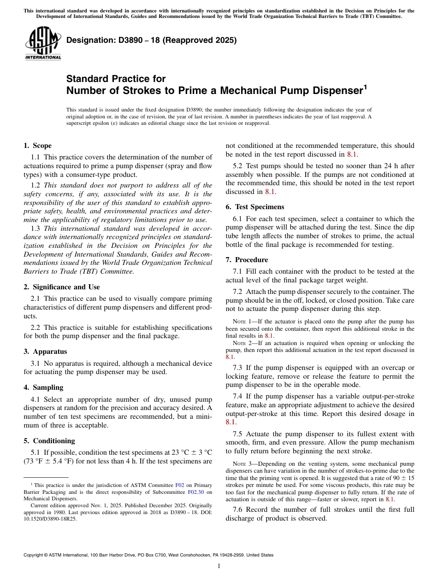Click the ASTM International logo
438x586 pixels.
click(x=43, y=43)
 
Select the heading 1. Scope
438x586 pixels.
click(x=38, y=146)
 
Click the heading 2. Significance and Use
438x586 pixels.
click(x=62, y=287)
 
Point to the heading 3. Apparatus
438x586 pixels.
click(x=45, y=352)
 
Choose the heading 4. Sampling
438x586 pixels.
click(x=43, y=387)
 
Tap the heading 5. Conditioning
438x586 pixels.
click(x=49, y=441)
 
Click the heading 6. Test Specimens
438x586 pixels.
click(x=255, y=207)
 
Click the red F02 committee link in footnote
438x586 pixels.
click(x=180, y=485)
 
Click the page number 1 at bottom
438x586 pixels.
click(x=219, y=566)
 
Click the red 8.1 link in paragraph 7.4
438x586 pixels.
click(x=231, y=422)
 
